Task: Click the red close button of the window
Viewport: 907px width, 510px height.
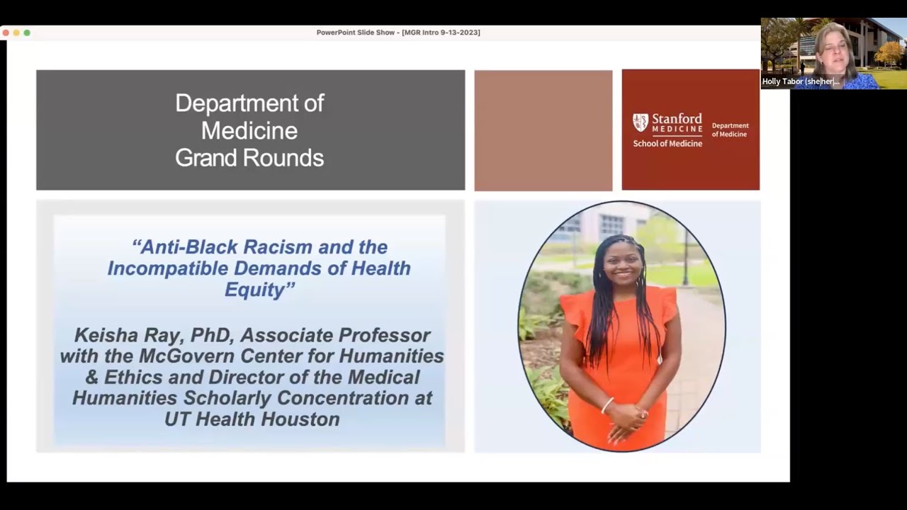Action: coord(6,33)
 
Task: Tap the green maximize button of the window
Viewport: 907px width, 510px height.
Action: coord(27,33)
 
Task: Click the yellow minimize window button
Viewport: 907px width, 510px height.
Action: coord(16,33)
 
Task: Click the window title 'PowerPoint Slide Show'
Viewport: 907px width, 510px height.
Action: coord(355,33)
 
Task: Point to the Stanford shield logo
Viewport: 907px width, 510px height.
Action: coord(641,123)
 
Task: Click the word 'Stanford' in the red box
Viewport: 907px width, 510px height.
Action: coord(677,118)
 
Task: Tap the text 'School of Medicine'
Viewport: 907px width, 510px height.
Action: coord(667,143)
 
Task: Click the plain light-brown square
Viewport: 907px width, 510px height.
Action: coord(543,130)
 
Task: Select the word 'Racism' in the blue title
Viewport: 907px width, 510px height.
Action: coord(278,247)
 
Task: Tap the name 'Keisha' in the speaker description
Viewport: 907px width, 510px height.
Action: coord(105,335)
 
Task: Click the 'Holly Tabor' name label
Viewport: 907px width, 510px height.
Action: coord(801,81)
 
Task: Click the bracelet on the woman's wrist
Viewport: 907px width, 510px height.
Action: coord(607,405)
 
